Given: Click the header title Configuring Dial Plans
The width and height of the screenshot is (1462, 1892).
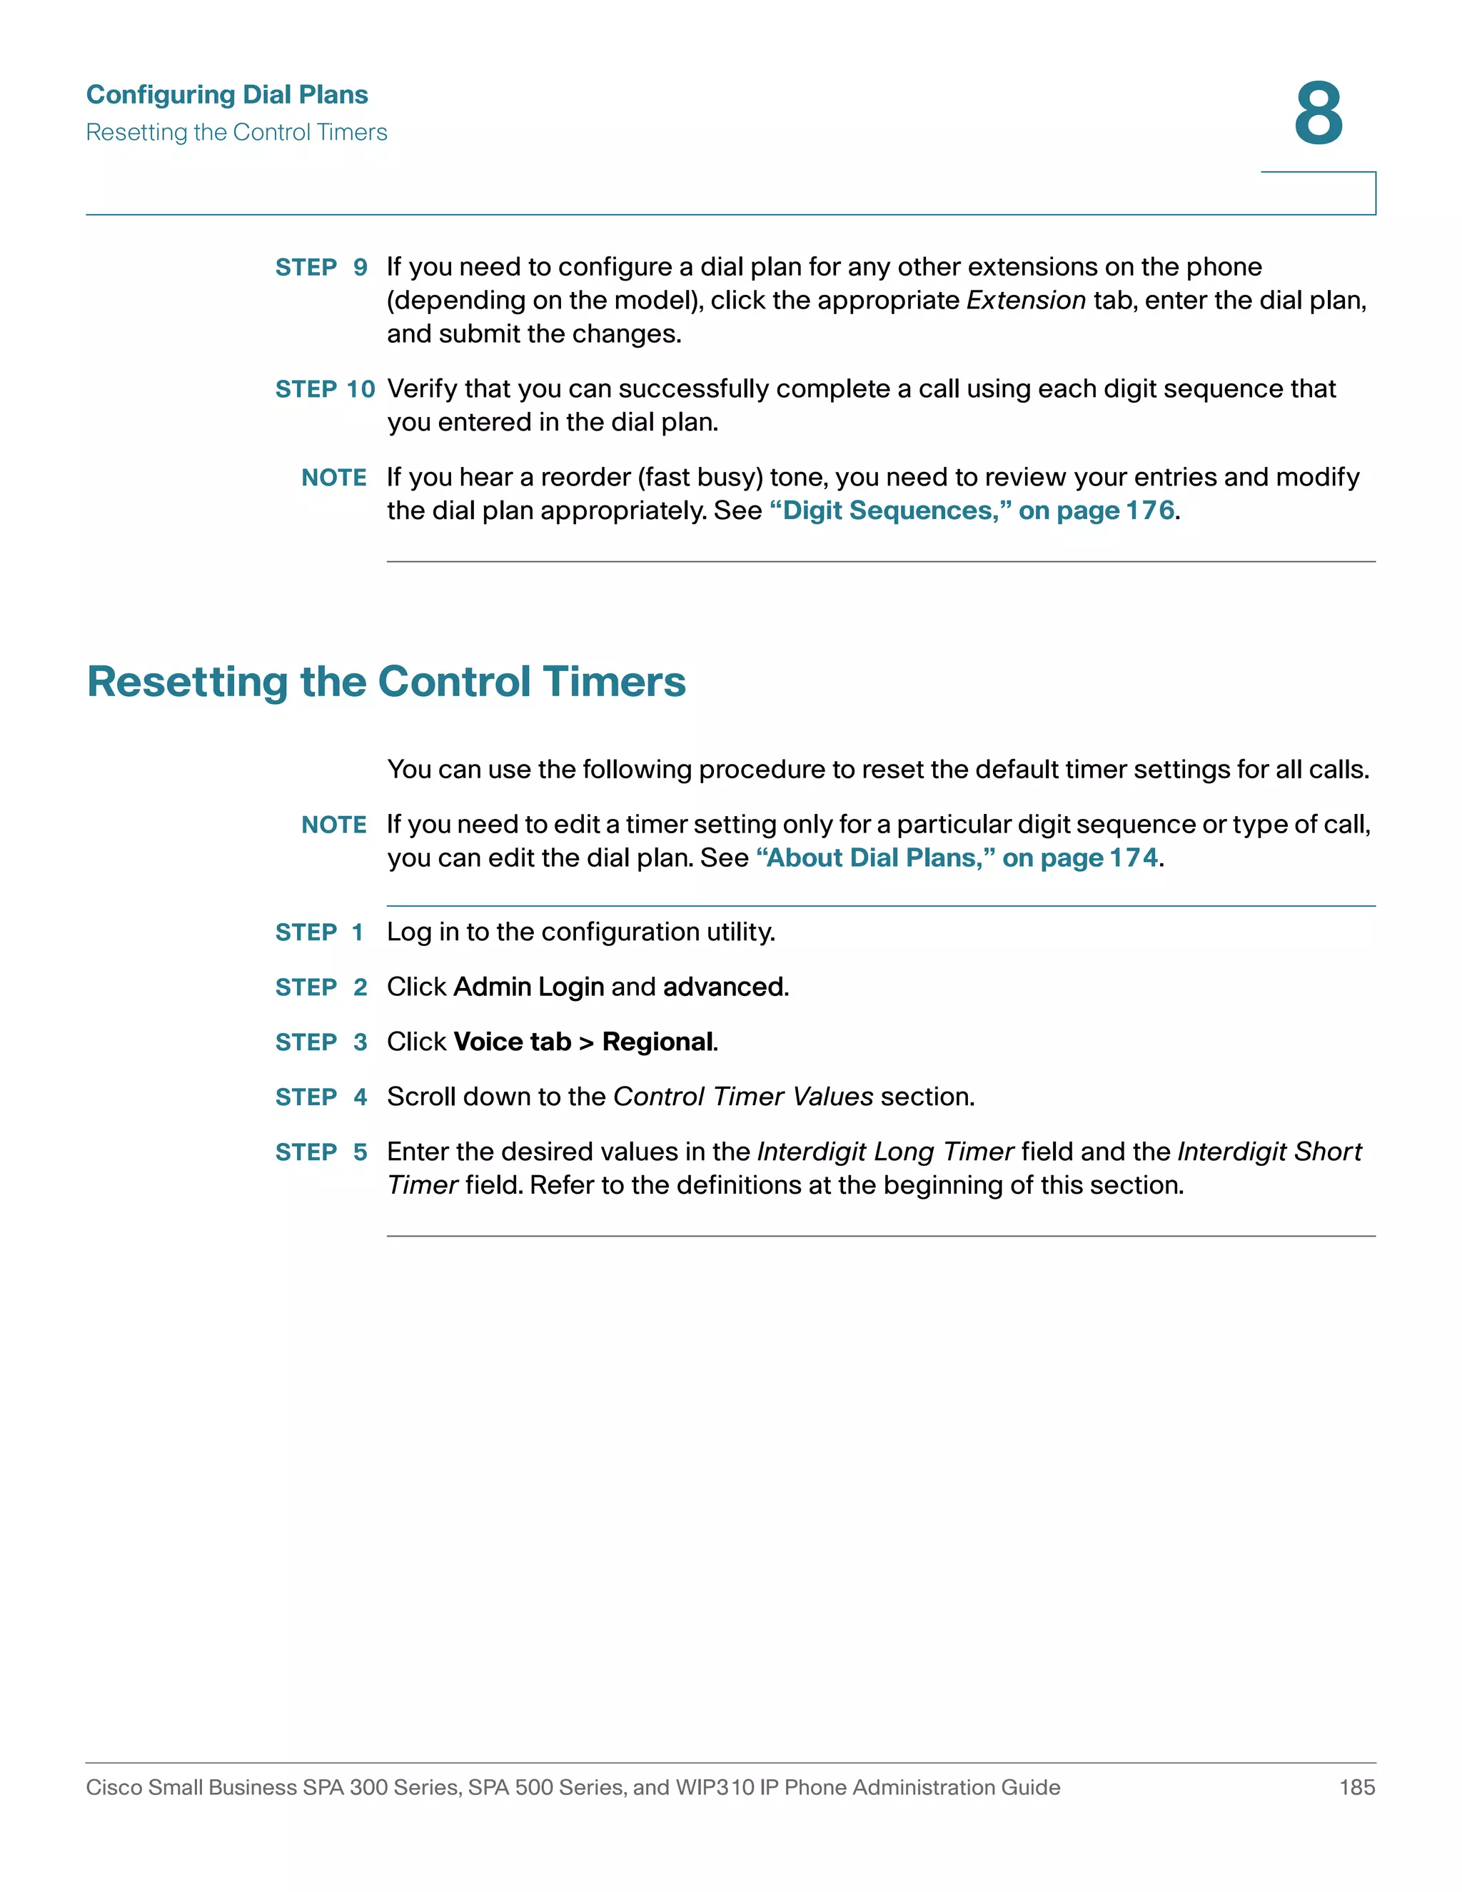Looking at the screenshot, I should (x=227, y=94).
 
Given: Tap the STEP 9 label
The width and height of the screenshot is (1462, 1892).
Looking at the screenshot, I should (x=321, y=267).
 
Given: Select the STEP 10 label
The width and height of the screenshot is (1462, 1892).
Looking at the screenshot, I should (x=325, y=389).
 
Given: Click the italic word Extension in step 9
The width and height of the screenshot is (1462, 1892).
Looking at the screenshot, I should (x=1026, y=301).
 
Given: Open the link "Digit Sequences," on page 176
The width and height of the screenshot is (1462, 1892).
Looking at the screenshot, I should (x=972, y=511).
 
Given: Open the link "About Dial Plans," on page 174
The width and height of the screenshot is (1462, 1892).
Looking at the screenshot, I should (x=957, y=857).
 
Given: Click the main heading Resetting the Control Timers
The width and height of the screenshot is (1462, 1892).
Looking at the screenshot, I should (x=386, y=681).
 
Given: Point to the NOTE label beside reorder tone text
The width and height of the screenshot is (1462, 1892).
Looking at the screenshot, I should (x=333, y=478).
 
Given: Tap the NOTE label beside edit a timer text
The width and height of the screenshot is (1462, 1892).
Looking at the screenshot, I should (x=333, y=825).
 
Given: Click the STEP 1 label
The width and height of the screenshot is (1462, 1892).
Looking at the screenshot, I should (x=318, y=932).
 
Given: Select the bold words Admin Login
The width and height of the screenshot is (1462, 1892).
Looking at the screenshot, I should (x=528, y=987).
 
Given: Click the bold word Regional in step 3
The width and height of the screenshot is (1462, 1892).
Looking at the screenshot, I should (x=658, y=1042).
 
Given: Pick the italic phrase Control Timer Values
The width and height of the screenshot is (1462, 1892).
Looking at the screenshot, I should (x=743, y=1097).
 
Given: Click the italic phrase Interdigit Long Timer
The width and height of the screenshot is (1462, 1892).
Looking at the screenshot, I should (x=885, y=1152).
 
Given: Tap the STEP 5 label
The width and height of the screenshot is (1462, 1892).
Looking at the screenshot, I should (x=321, y=1152).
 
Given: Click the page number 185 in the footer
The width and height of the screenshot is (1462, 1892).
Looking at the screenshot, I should (x=1356, y=1787).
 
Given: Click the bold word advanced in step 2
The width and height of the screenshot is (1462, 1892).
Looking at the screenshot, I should (x=723, y=987).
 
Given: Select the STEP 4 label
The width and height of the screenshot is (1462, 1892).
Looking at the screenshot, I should (x=321, y=1097).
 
